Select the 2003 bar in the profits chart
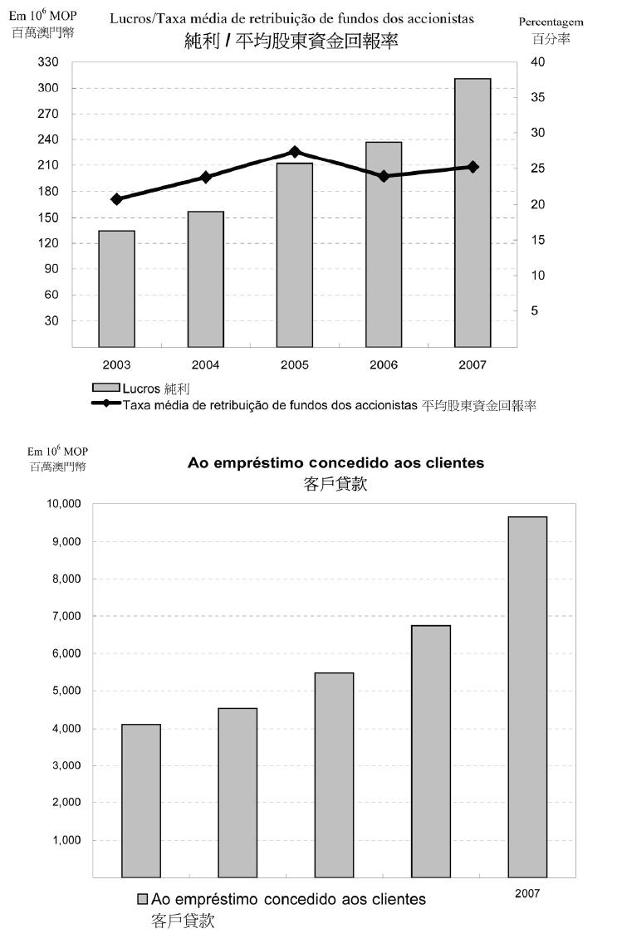tap(116, 288)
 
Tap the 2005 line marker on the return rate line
tap(295, 152)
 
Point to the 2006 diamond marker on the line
tap(384, 176)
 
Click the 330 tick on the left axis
tap(49, 62)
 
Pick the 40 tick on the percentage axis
tap(539, 62)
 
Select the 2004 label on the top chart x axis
tap(205, 364)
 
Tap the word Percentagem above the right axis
tap(551, 22)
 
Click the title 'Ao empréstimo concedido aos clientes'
tap(335, 463)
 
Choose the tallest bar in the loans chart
tap(527, 696)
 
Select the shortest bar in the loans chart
tap(141, 800)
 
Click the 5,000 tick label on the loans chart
tap(66, 691)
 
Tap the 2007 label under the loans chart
tap(526, 893)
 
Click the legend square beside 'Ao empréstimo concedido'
tap(142, 900)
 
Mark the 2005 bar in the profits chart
tap(295, 255)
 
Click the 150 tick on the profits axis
tap(49, 217)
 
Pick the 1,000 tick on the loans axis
tap(66, 840)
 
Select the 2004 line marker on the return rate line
tap(206, 177)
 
